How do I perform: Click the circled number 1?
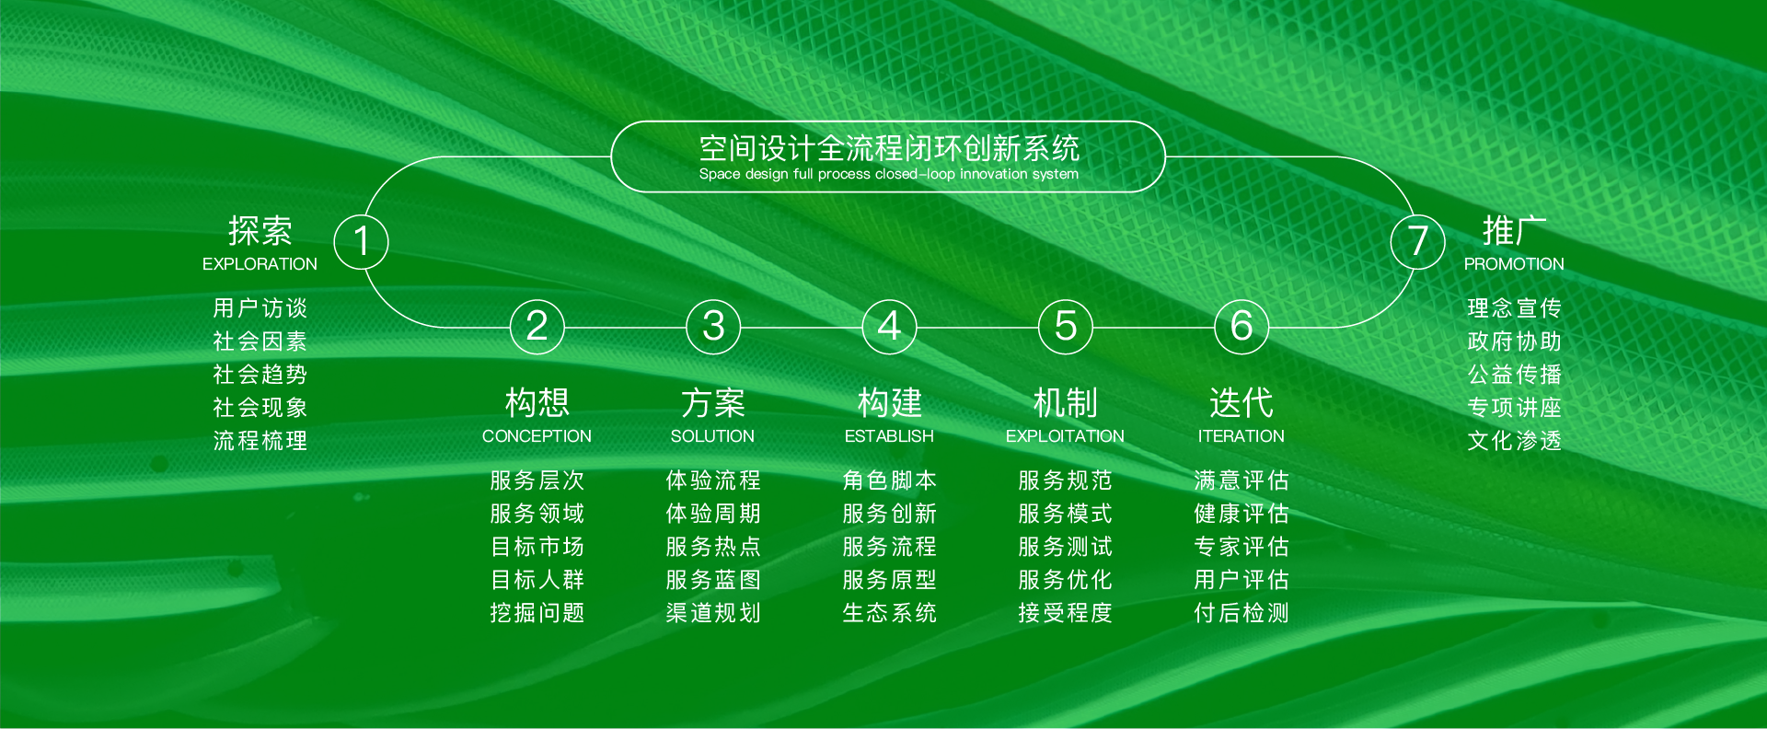361,241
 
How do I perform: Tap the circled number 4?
889,327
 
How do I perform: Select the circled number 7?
1418,241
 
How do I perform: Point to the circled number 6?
1242,327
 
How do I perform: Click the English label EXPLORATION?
260,264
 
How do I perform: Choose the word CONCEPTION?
537,436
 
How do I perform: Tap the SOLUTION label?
712,436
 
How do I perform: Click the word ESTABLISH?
889,436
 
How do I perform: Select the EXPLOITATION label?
1065,436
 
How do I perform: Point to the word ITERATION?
1241,436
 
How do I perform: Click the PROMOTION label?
1514,264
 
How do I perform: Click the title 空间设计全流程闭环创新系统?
889,148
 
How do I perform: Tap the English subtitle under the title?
889,174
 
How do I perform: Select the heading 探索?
260,230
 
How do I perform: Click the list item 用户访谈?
260,307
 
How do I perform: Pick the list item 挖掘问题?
537,613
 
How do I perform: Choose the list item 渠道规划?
713,613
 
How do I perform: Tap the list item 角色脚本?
889,480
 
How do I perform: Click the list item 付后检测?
1241,613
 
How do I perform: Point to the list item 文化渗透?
1514,441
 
